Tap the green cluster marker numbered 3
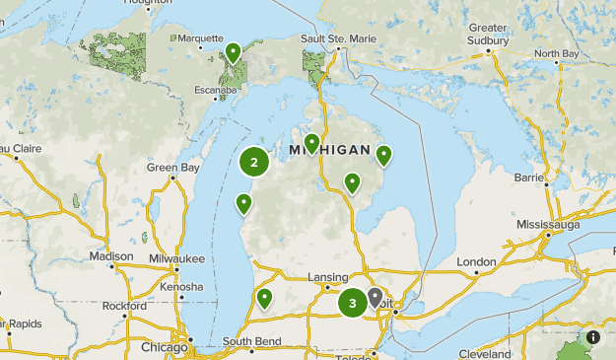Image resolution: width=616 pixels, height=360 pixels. [352, 303]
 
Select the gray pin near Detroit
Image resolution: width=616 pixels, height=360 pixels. [376, 298]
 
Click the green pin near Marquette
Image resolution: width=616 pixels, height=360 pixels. [234, 52]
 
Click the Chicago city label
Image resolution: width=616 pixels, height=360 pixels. [164, 347]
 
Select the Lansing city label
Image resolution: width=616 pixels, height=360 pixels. [328, 277]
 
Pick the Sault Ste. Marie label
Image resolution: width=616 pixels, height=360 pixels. [338, 38]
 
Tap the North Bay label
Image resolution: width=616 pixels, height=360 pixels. [556, 53]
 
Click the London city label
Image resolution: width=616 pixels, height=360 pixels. [477, 261]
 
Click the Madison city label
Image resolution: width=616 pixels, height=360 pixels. [110, 255]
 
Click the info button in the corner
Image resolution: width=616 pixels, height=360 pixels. [592, 337]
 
